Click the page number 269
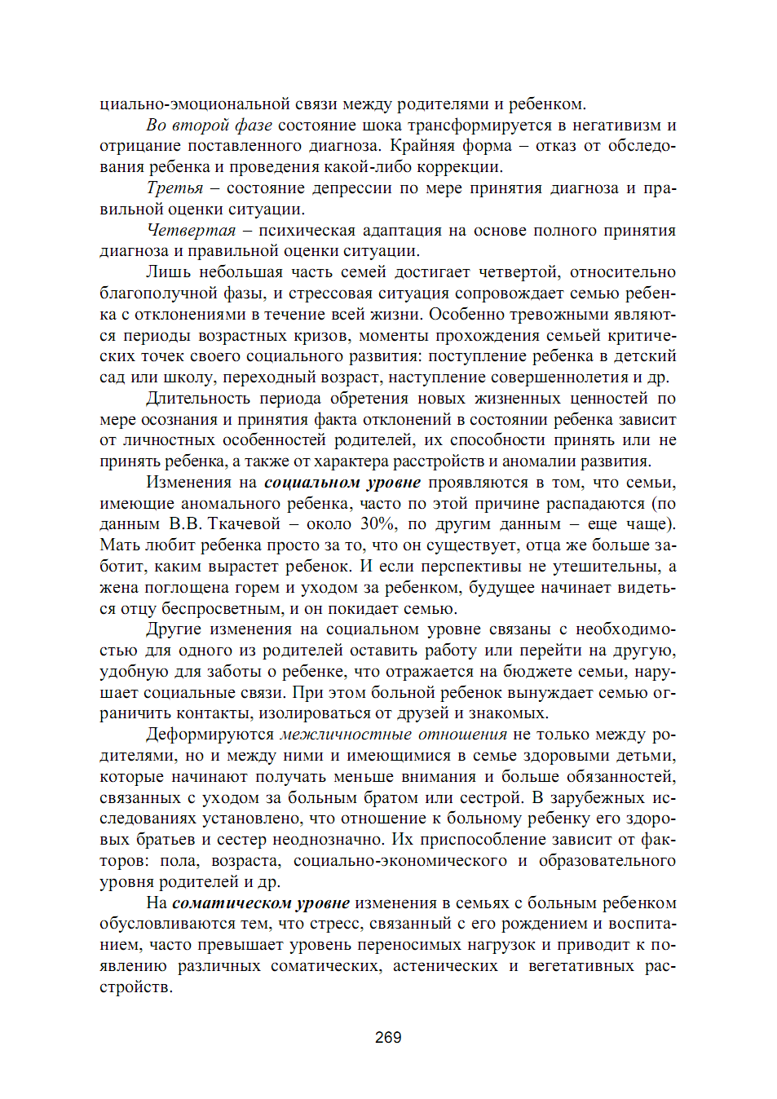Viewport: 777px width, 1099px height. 388,1037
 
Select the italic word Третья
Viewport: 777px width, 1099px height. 174,188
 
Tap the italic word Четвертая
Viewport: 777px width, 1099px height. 191,231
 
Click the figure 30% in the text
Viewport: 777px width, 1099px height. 378,524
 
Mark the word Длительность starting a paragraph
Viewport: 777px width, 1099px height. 197,399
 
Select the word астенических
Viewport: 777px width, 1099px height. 445,966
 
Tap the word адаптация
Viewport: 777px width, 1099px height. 403,231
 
